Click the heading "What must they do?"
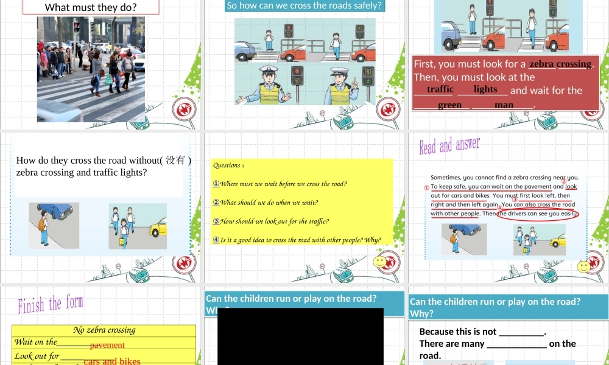[91, 8]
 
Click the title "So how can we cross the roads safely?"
[304, 6]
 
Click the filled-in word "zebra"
[541, 64]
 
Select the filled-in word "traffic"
[440, 89]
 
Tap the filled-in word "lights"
[485, 89]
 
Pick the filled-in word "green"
[449, 105]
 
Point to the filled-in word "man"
[504, 105]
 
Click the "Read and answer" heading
[449, 146]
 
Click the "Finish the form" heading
[50, 304]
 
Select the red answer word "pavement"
[107, 345]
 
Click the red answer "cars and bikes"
[112, 361]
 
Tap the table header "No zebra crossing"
[104, 330]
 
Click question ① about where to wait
[280, 184]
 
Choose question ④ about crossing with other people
[297, 240]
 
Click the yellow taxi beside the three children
[157, 228]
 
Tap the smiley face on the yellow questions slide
[381, 263]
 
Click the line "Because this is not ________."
[482, 332]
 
